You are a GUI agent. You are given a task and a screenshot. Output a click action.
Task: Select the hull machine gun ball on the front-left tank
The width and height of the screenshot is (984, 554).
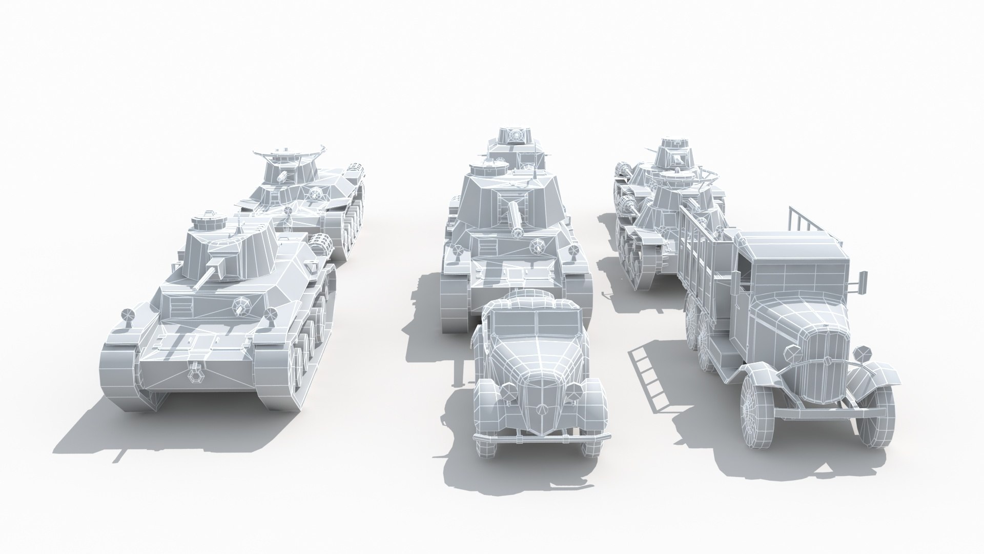coord(240,306)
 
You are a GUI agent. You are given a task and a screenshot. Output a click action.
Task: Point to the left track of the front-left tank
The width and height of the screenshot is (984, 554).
coord(119,369)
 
